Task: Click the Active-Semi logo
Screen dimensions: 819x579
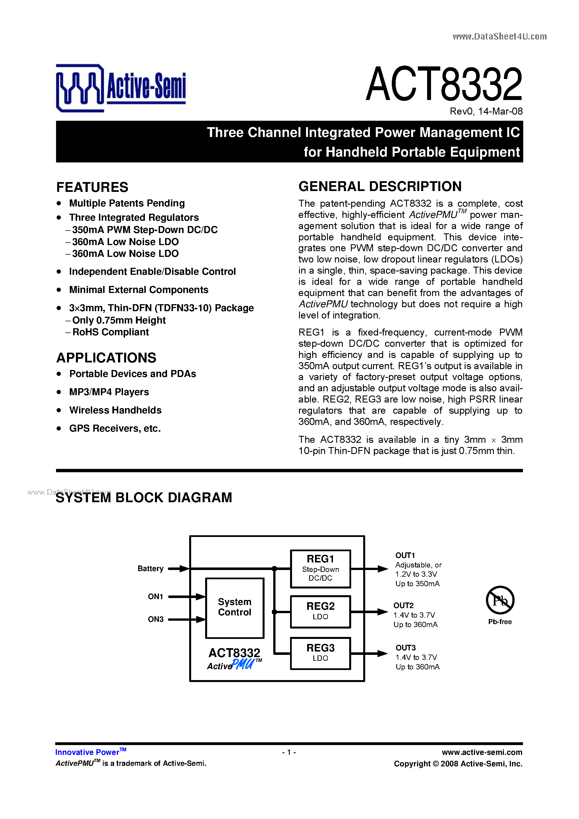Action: tap(121, 88)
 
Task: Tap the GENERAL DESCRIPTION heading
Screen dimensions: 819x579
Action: tap(380, 187)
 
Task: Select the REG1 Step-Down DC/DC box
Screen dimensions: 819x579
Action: tap(320, 569)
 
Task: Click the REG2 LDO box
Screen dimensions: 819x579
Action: tap(320, 611)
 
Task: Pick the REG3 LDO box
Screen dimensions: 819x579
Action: tap(320, 653)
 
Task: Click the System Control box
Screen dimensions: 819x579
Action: tap(235, 608)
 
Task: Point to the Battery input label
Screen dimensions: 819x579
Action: tap(150, 569)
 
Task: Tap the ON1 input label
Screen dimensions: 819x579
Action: tap(155, 596)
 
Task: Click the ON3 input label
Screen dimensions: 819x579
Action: tap(156, 619)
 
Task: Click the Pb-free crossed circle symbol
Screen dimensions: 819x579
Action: tap(500, 600)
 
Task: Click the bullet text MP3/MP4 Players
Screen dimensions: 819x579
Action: tap(109, 392)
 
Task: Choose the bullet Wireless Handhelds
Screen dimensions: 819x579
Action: tap(115, 410)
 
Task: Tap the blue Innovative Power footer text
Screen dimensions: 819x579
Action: tap(87, 752)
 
